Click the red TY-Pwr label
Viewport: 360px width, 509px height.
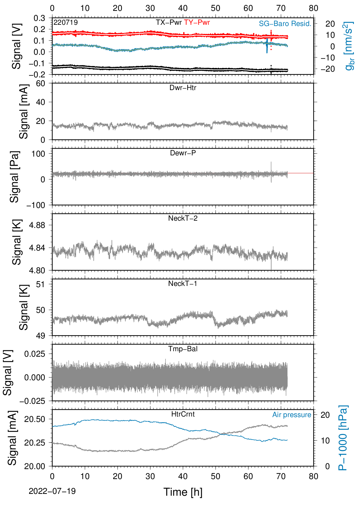point(197,22)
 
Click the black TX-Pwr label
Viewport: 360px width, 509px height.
point(169,22)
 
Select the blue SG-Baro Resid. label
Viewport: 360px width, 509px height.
point(285,24)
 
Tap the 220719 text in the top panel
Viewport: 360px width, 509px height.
point(66,22)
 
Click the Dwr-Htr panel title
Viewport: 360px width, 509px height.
point(183,88)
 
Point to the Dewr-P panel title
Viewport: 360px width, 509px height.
point(183,153)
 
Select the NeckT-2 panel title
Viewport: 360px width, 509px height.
point(183,218)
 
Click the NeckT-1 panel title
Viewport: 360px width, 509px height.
point(183,283)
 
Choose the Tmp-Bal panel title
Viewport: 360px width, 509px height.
point(183,349)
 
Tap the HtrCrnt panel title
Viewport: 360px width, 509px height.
point(183,414)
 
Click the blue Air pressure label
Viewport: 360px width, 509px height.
point(292,415)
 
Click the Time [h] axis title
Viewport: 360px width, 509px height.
point(183,492)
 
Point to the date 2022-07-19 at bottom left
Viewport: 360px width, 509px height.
point(52,491)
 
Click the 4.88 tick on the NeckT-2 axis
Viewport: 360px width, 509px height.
point(37,225)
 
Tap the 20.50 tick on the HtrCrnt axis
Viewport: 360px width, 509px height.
point(34,419)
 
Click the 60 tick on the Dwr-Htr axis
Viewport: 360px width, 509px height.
point(41,84)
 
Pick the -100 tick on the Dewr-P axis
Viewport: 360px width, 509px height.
point(36,205)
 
